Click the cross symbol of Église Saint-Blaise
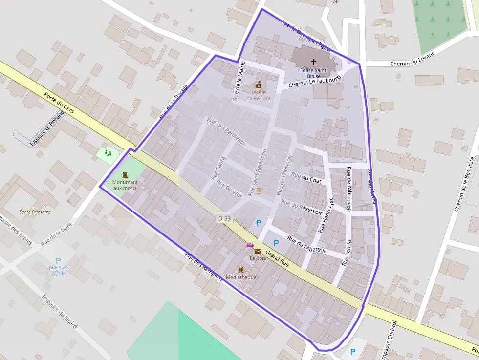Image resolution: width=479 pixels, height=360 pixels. pyautogui.click(x=313, y=62)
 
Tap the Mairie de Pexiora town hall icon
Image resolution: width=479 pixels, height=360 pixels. pyautogui.click(x=259, y=84)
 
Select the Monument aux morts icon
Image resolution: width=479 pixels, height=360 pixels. pyautogui.click(x=125, y=174)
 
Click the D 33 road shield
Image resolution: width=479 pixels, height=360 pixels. pyautogui.click(x=224, y=218)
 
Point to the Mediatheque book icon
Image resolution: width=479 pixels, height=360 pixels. pyautogui.click(x=240, y=270)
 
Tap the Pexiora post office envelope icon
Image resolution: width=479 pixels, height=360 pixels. pyautogui.click(x=258, y=251)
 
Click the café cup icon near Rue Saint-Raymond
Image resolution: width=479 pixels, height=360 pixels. pyautogui.click(x=259, y=191)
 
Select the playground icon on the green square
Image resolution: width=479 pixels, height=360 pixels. pyautogui.click(x=108, y=153)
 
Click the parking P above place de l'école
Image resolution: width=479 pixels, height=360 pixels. pyautogui.click(x=58, y=260)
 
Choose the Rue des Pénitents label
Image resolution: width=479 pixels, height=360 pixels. pyautogui.click(x=226, y=131)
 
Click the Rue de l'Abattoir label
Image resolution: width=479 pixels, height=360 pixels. pyautogui.click(x=306, y=244)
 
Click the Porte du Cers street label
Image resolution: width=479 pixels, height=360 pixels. pyautogui.click(x=59, y=104)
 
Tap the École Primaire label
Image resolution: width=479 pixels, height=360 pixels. pyautogui.click(x=35, y=212)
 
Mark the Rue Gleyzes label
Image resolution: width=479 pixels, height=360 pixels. pyautogui.click(x=229, y=190)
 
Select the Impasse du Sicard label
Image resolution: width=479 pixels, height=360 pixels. pyautogui.click(x=59, y=312)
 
